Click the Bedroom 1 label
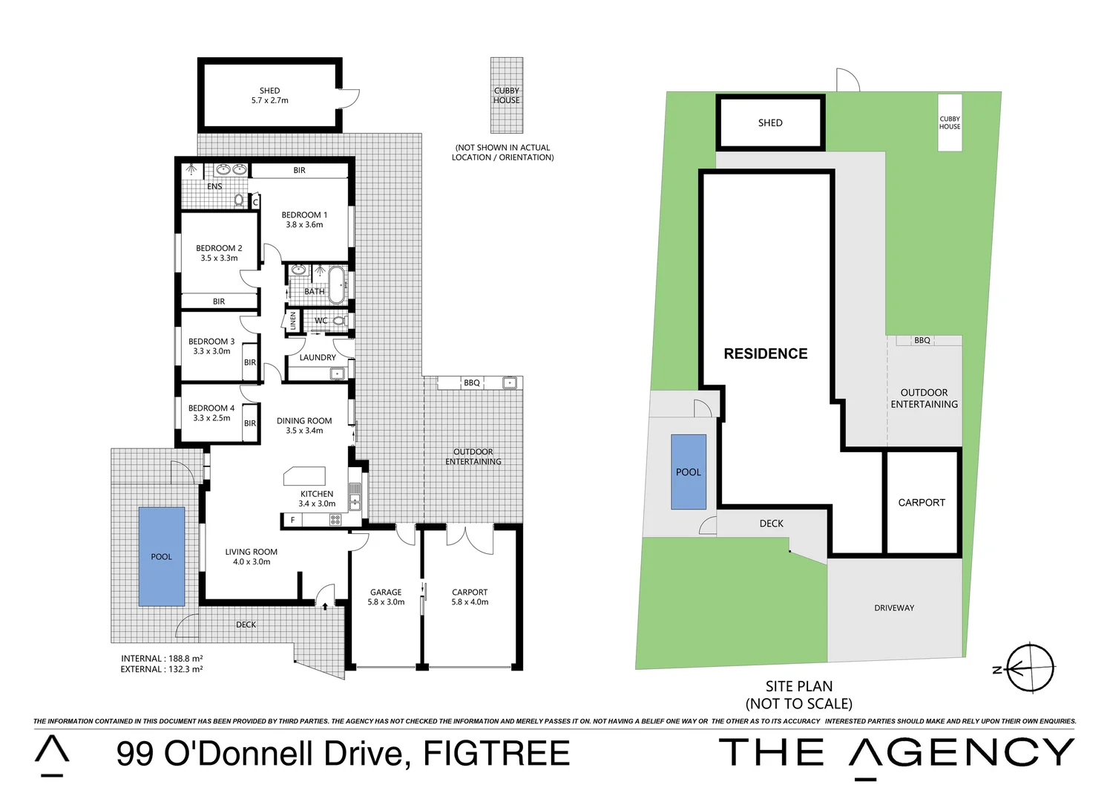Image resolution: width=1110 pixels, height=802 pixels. [x=303, y=220]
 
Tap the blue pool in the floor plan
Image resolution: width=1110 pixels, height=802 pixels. [x=162, y=556]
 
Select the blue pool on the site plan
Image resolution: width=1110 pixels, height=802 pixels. [x=688, y=472]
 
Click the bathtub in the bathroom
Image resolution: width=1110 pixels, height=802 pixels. [x=337, y=284]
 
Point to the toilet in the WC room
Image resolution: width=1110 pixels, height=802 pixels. [x=339, y=321]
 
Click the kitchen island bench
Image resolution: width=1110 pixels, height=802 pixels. [x=304, y=475]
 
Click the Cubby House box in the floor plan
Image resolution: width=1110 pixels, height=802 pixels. [x=507, y=95]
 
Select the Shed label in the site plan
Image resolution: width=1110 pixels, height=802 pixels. [x=770, y=123]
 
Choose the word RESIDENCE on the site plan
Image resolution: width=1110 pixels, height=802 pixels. [x=766, y=354]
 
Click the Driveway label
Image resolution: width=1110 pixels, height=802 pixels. [x=894, y=608]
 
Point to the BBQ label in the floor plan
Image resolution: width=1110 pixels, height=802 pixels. [x=472, y=383]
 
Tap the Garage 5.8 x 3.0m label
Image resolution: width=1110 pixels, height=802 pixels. [x=386, y=597]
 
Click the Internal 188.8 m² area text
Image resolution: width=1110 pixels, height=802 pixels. [x=162, y=659]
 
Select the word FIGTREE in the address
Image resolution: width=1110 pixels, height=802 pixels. [x=496, y=754]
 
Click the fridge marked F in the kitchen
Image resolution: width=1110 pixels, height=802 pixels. [x=293, y=520]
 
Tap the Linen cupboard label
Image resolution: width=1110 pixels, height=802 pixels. [x=293, y=321]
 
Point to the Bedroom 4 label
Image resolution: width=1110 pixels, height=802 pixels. [x=211, y=413]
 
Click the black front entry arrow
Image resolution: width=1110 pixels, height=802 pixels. [x=325, y=606]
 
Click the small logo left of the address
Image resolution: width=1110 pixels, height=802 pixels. [x=52, y=756]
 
